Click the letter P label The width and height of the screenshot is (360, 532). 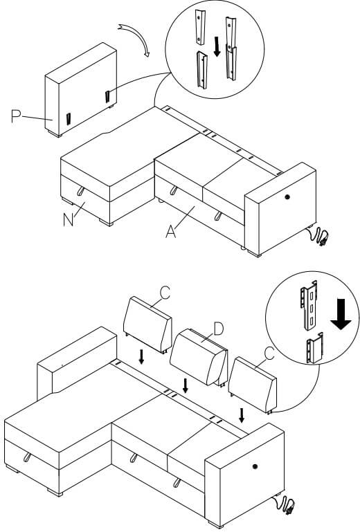(x=16, y=116)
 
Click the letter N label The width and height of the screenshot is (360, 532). (x=69, y=220)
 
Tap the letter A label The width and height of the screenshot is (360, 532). (x=171, y=232)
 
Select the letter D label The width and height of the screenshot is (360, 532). (x=218, y=329)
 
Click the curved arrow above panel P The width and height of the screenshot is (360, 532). (x=138, y=37)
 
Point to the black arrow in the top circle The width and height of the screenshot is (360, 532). (x=217, y=46)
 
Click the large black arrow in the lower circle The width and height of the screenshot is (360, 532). (x=341, y=314)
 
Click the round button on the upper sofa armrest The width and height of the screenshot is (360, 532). (x=288, y=196)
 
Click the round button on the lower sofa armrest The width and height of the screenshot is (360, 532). (x=255, y=466)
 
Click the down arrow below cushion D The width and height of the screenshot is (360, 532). (x=185, y=386)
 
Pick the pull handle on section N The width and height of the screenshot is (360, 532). (x=81, y=191)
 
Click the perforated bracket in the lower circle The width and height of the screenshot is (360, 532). (x=309, y=304)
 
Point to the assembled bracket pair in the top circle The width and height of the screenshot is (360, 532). (x=231, y=49)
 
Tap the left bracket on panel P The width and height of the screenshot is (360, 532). (x=69, y=119)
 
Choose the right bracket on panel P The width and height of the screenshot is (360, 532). (x=108, y=96)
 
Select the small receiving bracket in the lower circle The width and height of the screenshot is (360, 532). (x=314, y=349)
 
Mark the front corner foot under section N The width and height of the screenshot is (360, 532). (x=106, y=222)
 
